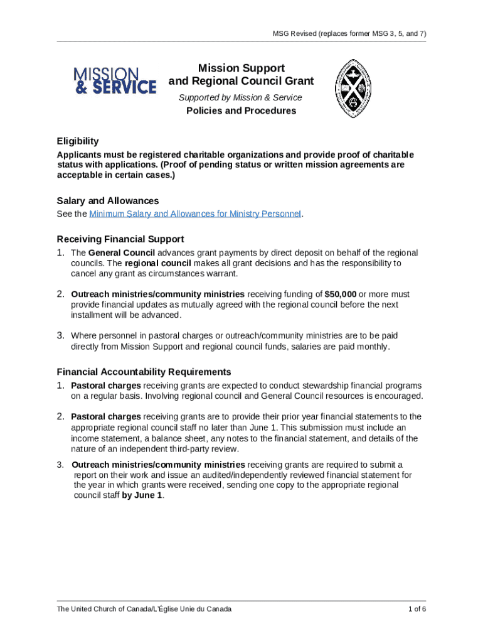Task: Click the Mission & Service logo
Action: (x=115, y=81)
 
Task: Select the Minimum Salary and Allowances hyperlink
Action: (x=195, y=214)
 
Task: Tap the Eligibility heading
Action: (x=78, y=141)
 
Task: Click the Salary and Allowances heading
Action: (x=107, y=201)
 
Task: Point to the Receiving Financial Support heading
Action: (x=120, y=239)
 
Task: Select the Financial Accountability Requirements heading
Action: (x=144, y=372)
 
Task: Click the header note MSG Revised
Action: (x=350, y=33)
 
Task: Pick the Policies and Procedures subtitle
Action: (x=241, y=111)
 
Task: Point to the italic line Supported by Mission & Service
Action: (x=240, y=97)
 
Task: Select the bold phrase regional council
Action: (x=157, y=264)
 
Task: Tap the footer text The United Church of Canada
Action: (x=144, y=609)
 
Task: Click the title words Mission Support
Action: (x=241, y=68)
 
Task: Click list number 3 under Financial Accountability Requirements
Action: (x=60, y=465)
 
